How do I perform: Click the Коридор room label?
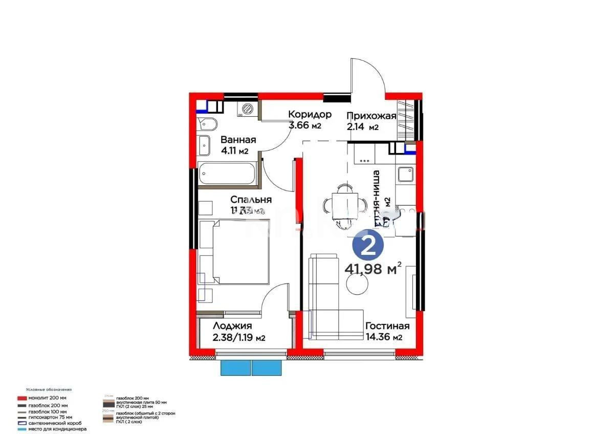[x=310, y=114]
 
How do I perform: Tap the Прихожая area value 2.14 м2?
[x=362, y=127]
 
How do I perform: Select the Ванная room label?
[x=238, y=140]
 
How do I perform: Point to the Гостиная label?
[x=387, y=326]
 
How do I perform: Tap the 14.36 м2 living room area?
[x=383, y=337]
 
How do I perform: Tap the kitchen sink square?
[x=406, y=175]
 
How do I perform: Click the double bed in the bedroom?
[x=234, y=251]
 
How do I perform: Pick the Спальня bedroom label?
[x=251, y=200]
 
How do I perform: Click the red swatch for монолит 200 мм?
[x=21, y=398]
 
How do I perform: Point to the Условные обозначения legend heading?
[x=49, y=389]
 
